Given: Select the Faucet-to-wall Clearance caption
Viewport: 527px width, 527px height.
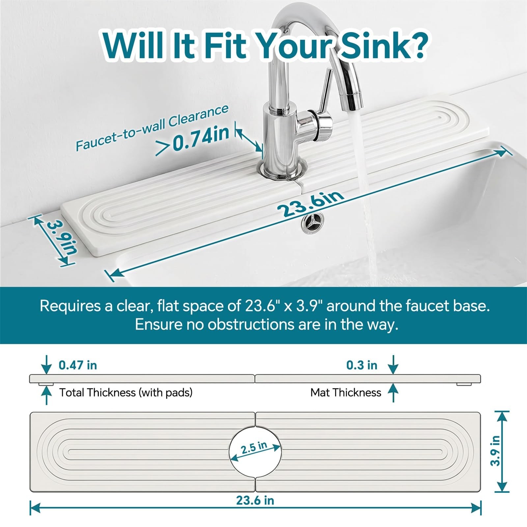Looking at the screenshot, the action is pyautogui.click(x=152, y=127).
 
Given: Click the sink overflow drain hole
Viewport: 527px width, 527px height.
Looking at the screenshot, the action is pyautogui.click(x=310, y=223).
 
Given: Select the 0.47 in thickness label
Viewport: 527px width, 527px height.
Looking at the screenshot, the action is pyautogui.click(x=78, y=365).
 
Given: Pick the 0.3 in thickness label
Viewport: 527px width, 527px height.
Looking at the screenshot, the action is pyautogui.click(x=362, y=365).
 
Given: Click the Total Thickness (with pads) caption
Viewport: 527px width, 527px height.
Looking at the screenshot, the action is pyautogui.click(x=126, y=393).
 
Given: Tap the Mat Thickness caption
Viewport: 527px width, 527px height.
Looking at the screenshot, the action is pyautogui.click(x=346, y=393).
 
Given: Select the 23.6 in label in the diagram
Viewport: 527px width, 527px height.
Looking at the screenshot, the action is pyautogui.click(x=255, y=500).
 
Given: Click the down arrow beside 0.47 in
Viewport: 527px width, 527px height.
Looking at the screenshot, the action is pyautogui.click(x=47, y=365).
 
